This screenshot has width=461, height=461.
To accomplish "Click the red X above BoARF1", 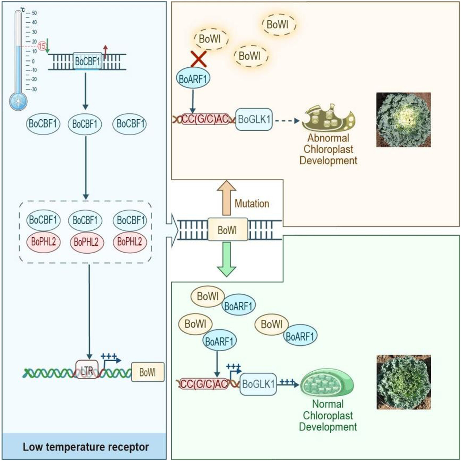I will tap(199, 59).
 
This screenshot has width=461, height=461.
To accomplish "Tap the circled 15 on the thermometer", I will tap(42, 46).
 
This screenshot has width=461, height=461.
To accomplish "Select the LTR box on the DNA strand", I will tap(87, 370).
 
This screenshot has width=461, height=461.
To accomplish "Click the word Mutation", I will tap(252, 204).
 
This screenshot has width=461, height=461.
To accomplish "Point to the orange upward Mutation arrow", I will tap(226, 197).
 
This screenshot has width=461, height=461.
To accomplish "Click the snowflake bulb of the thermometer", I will tap(18, 101).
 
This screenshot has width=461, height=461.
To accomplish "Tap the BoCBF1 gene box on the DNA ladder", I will tap(87, 61).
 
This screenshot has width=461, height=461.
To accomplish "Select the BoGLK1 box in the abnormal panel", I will tap(254, 119).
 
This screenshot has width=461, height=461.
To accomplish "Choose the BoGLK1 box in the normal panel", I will tap(258, 384).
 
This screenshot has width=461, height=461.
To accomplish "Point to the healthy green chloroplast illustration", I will tap(327, 383).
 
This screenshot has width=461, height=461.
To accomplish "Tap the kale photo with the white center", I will tap(403, 120).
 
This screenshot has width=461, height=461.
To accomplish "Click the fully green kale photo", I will tap(404, 382).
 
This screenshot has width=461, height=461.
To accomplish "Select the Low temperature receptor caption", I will tap(86, 447).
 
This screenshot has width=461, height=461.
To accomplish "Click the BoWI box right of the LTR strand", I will tap(148, 372).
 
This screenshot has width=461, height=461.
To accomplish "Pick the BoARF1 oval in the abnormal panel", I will tap(193, 78).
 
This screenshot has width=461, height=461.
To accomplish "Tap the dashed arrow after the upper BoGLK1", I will tap(287, 120).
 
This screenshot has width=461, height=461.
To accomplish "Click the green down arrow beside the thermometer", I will tap(47, 46).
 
